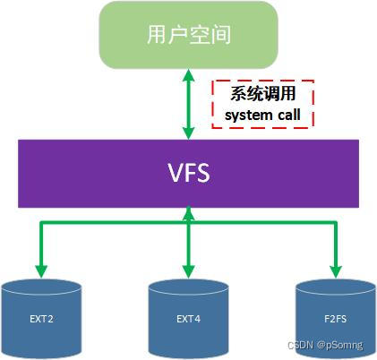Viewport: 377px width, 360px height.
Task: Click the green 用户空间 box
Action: (x=188, y=37)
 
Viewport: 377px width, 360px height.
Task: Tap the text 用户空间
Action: (x=188, y=36)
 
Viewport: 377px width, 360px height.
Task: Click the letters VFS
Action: (x=188, y=173)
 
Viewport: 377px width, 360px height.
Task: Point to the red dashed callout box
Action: (x=262, y=104)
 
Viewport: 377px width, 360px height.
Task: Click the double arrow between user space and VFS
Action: (x=188, y=105)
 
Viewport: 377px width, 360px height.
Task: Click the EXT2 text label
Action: (x=40, y=318)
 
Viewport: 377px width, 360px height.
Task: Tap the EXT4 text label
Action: (x=188, y=318)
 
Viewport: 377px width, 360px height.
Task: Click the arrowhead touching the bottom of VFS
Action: (x=188, y=212)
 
